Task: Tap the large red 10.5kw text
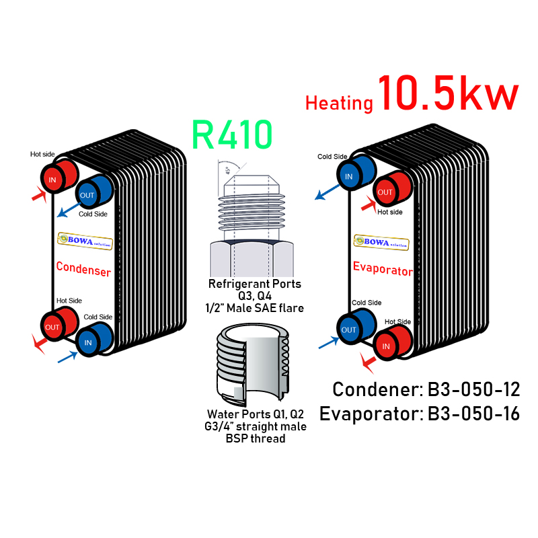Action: [449, 94]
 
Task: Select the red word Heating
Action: [339, 104]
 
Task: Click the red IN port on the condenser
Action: [54, 180]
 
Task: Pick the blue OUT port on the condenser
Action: [88, 195]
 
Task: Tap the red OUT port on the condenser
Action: [53, 327]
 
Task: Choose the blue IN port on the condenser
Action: [88, 342]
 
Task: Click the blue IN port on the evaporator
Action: [349, 177]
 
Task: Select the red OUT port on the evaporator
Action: [385, 192]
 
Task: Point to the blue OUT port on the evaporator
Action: [349, 330]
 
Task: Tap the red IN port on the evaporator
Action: [386, 346]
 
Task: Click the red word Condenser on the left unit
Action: [83, 267]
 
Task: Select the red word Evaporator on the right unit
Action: [382, 270]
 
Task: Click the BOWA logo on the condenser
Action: [85, 240]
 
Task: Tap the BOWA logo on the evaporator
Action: [381, 242]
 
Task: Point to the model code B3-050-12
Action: [475, 389]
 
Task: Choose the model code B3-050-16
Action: [475, 414]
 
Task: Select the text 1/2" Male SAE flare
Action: [255, 308]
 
